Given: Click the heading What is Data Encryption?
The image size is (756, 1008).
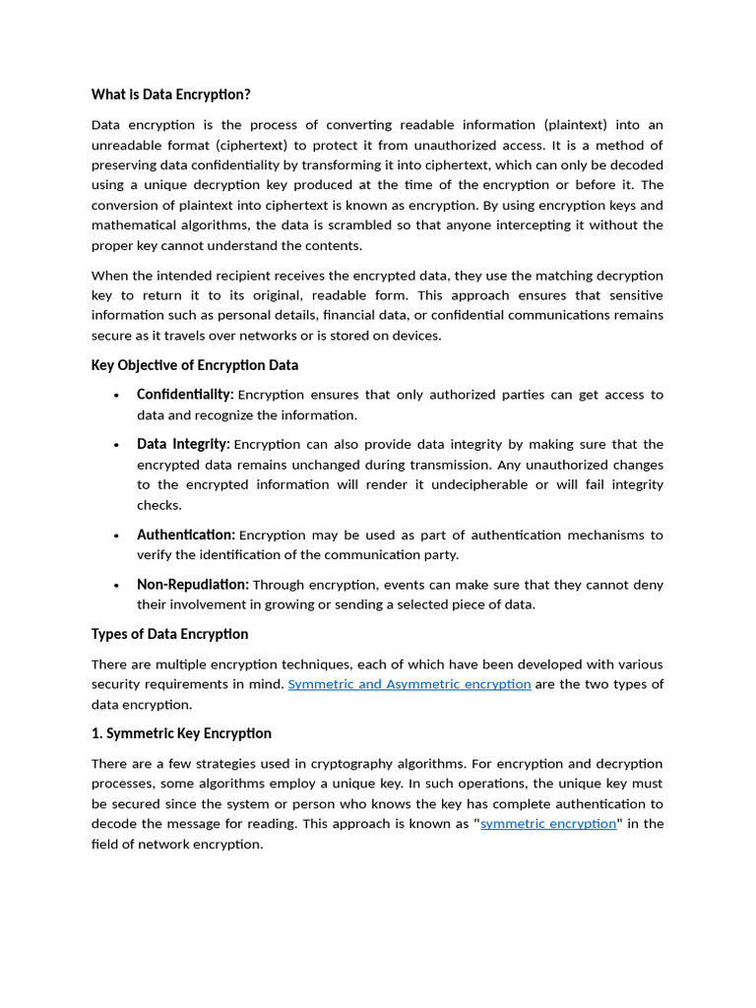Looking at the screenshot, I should point(171,94).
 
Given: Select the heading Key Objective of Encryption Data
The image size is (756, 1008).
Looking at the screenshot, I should point(195,365).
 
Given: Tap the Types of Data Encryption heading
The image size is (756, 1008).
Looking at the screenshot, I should point(169,634).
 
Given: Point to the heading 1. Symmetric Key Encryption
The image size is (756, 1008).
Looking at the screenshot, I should point(181,733).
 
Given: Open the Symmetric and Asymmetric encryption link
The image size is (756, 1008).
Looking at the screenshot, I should point(409,684).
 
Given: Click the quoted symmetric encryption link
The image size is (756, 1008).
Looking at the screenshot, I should point(548,824).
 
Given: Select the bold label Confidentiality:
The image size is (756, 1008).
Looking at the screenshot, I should point(185,395).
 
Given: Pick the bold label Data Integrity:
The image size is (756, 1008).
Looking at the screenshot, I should point(183,445).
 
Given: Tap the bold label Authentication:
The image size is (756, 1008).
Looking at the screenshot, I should point(186,535).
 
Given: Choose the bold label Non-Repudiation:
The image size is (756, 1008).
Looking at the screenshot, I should point(193,585).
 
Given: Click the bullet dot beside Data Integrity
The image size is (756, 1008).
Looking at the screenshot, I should point(116,446).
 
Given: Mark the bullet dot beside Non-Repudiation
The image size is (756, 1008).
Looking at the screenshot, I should point(116,586).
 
